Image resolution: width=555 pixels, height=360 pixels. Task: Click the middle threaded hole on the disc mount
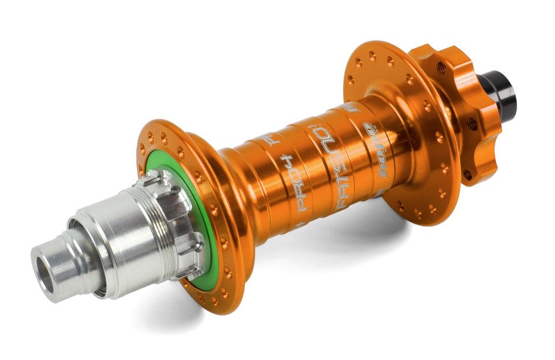[471, 123]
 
